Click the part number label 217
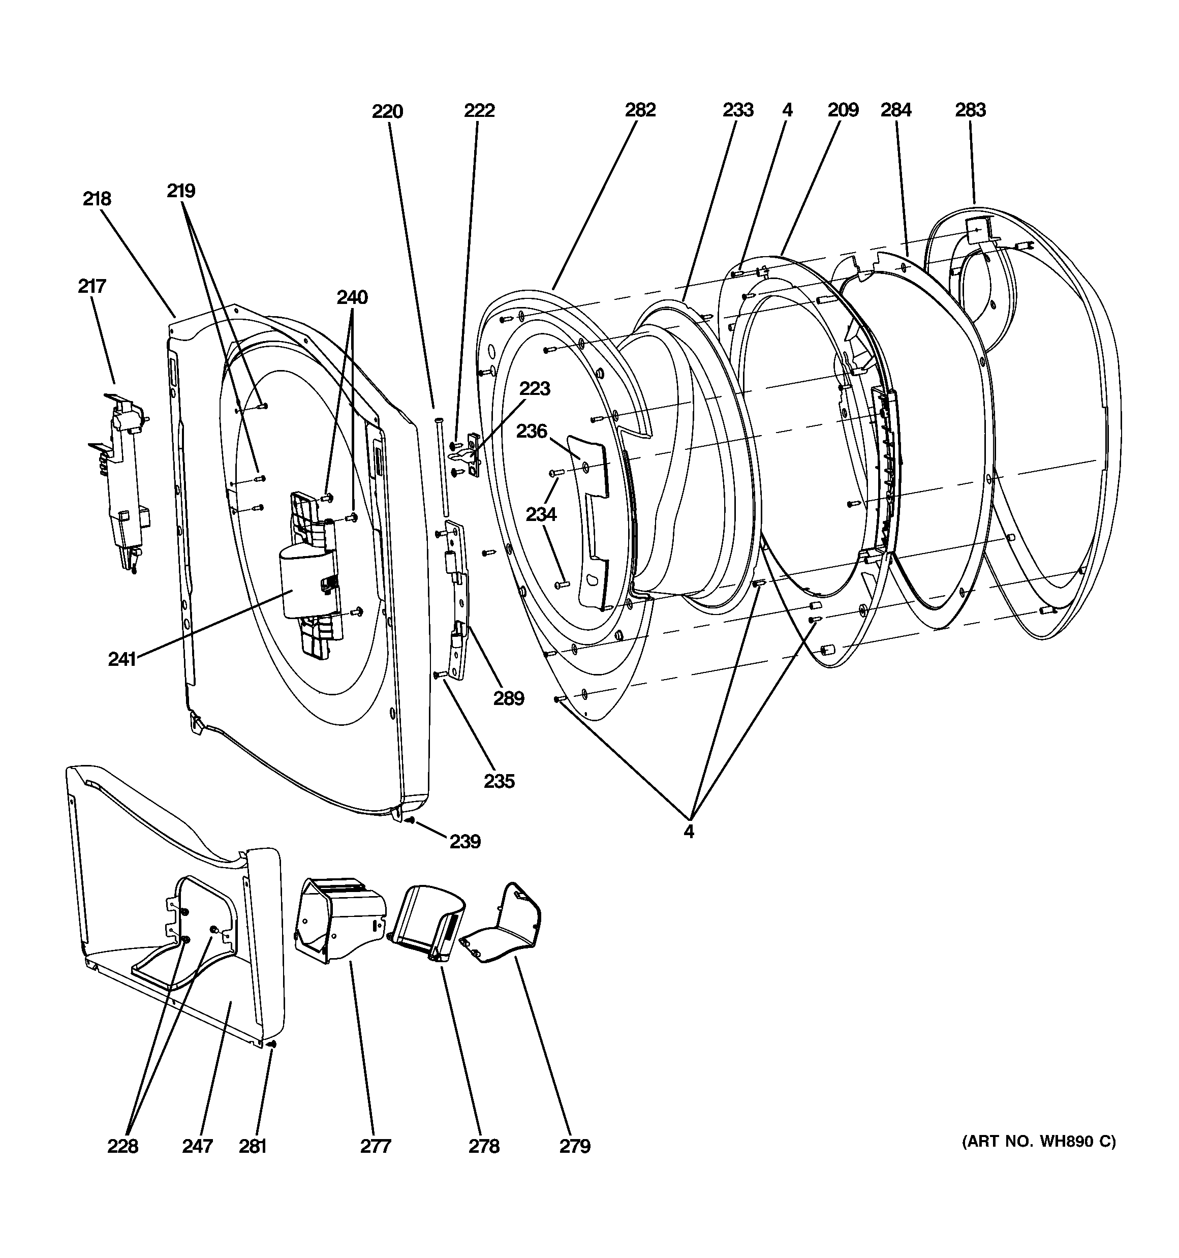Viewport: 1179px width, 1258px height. click(x=92, y=286)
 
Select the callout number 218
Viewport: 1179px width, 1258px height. click(x=97, y=199)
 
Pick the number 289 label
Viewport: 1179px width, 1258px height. click(x=509, y=698)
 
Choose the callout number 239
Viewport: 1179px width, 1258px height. click(x=465, y=842)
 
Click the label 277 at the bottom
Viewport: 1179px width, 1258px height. click(x=376, y=1146)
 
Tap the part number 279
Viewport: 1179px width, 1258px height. click(x=575, y=1146)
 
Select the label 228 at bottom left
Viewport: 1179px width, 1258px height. click(x=123, y=1146)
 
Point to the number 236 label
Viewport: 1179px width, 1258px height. click(x=532, y=431)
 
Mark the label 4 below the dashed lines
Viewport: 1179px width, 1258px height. click(x=689, y=832)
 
